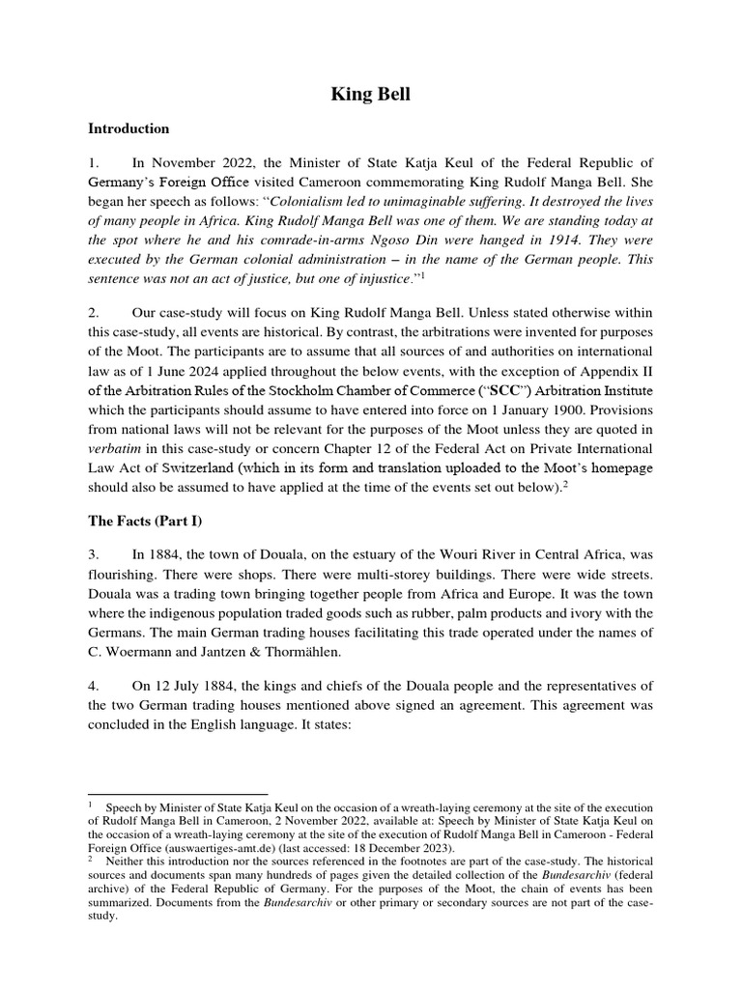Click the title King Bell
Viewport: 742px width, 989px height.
[x=371, y=94]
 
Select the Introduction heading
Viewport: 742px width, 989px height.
[x=128, y=127]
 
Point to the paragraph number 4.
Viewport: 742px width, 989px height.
[x=93, y=686]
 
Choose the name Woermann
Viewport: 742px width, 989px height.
[x=138, y=652]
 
